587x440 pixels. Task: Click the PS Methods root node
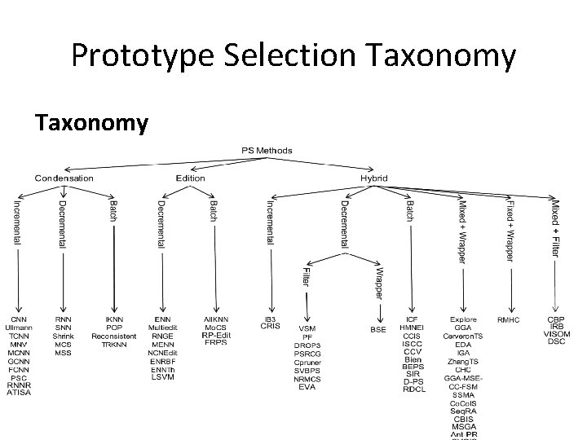pyautogui.click(x=267, y=151)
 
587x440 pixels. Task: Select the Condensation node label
pyautogui.click(x=64, y=178)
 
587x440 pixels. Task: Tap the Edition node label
pyautogui.click(x=190, y=178)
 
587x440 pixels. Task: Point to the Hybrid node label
pyautogui.click(x=374, y=178)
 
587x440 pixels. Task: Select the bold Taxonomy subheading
pyautogui.click(x=91, y=123)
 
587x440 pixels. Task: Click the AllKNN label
pyautogui.click(x=216, y=319)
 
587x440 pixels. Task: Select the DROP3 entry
pyautogui.click(x=307, y=345)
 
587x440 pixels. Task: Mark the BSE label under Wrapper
pyautogui.click(x=378, y=328)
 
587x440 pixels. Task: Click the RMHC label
pyautogui.click(x=510, y=319)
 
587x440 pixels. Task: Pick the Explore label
pyautogui.click(x=463, y=319)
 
